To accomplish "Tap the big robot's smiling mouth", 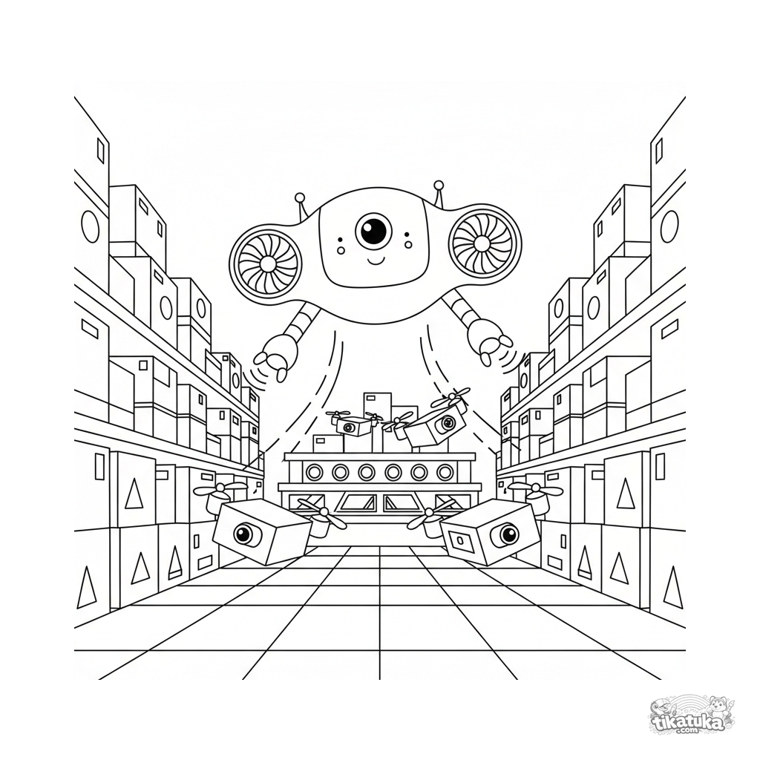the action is point(376,261).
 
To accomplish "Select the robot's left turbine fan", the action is point(266,263).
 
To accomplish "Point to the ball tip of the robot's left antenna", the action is point(300,197).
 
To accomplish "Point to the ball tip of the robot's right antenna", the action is point(439,185).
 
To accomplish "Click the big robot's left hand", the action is point(276,356).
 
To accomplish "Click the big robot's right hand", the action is point(490,340).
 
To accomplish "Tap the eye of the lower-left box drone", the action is point(243,534).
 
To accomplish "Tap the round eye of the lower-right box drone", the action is point(508,534).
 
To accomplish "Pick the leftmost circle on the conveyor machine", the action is point(314,471).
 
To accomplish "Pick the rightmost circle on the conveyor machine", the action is point(445,471).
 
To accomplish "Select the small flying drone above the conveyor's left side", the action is point(351,424).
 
